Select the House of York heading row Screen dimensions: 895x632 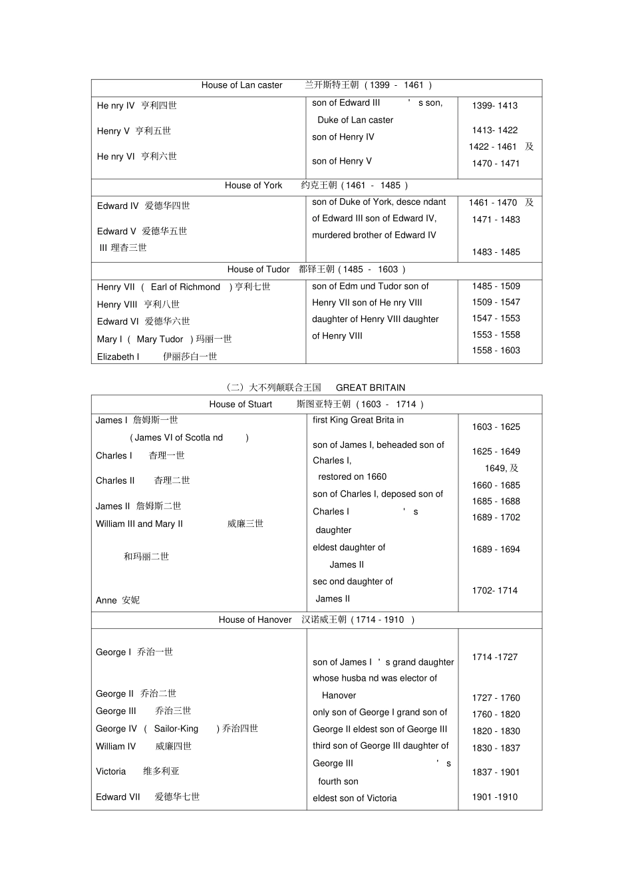(317, 186)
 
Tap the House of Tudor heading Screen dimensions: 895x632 (317, 269)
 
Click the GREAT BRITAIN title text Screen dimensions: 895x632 (370, 387)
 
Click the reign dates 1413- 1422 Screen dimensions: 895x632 (495, 130)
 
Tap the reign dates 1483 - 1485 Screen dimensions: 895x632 (496, 252)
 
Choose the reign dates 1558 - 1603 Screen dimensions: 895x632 (496, 351)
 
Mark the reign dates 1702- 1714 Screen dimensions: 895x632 (495, 591)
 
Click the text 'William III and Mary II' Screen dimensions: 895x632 (139, 524)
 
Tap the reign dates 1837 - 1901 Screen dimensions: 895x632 (496, 773)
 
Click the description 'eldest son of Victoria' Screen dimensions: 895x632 (355, 799)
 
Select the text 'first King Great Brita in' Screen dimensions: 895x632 (358, 421)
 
